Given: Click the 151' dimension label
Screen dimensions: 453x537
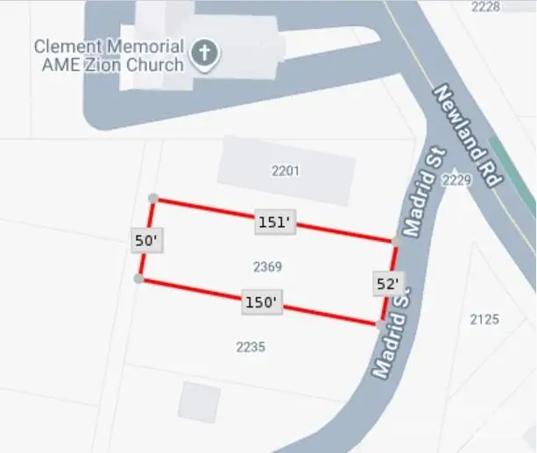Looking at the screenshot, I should pos(273,223).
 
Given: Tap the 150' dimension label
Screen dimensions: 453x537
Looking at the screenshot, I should pos(260,302).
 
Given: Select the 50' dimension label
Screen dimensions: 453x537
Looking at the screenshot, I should pos(147,240).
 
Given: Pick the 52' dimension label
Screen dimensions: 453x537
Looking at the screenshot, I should pos(388,283).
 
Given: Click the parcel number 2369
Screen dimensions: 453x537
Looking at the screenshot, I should pos(266,265).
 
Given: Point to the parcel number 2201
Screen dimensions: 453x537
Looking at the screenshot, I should pos(286,171).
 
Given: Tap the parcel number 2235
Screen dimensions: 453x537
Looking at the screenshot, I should pos(251,347).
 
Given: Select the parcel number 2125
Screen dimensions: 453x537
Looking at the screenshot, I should pos(484,319).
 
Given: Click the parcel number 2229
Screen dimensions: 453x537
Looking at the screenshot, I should pos(457,180).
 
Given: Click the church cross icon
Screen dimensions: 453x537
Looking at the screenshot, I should pos(204,54).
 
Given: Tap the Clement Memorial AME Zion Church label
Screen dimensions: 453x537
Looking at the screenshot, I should pos(109,54).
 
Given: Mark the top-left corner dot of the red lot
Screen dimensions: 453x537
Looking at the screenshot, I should pos(153,199).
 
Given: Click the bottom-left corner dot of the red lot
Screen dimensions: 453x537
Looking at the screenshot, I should pos(138,279).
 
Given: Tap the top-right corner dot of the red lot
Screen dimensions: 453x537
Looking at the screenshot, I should pos(397,239).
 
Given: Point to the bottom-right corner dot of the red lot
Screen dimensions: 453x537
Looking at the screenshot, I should pos(379,324).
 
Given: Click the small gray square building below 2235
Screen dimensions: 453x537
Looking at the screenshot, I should pos(199,400).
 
